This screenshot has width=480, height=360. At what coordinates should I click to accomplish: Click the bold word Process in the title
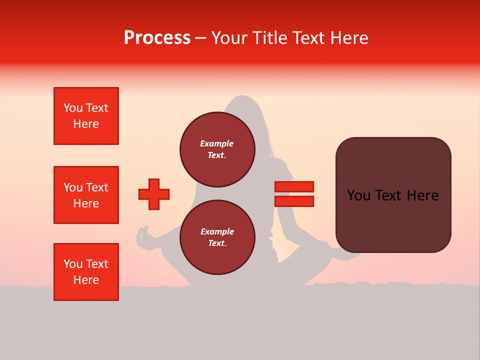tap(157, 38)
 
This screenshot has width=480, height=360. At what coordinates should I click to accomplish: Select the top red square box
tap(86, 116)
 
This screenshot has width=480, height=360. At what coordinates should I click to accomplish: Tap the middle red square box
tap(86, 195)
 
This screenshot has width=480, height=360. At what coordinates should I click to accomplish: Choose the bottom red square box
tap(86, 272)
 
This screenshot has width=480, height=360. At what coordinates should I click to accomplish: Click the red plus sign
tap(154, 194)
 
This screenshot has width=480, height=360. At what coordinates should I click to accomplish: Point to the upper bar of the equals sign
tap(294, 186)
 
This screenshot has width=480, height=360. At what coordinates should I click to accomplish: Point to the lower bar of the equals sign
tap(294, 201)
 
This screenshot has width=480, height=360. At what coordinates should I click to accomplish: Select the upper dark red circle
tap(217, 149)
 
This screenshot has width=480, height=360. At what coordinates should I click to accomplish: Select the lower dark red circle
tap(217, 237)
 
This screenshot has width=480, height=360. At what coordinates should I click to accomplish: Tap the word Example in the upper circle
tap(217, 143)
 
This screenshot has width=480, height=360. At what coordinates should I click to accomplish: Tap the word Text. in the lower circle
tap(217, 243)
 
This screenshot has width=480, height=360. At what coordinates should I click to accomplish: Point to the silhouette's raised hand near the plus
tap(143, 234)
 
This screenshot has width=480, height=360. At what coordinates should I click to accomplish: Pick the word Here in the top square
tap(86, 124)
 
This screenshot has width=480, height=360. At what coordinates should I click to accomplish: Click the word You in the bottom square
tap(73, 264)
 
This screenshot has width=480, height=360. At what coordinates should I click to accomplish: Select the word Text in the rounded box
tap(392, 195)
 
